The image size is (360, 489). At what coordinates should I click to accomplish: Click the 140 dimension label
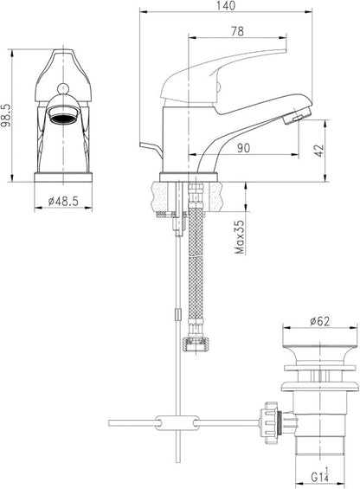tap(225, 6)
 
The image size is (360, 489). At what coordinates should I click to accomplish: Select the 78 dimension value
tap(237, 31)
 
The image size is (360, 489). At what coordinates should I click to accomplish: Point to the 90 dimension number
tap(243, 148)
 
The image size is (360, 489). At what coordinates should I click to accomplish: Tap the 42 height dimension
tap(319, 151)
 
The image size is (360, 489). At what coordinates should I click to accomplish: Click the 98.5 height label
tap(5, 115)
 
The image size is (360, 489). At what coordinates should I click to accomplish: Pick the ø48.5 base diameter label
tap(63, 201)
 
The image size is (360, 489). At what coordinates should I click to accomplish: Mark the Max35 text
tap(240, 237)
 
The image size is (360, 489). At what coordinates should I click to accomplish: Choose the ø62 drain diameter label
tap(319, 321)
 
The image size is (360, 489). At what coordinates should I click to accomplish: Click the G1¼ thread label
tap(319, 476)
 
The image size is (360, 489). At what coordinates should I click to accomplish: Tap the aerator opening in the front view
tap(64, 118)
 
